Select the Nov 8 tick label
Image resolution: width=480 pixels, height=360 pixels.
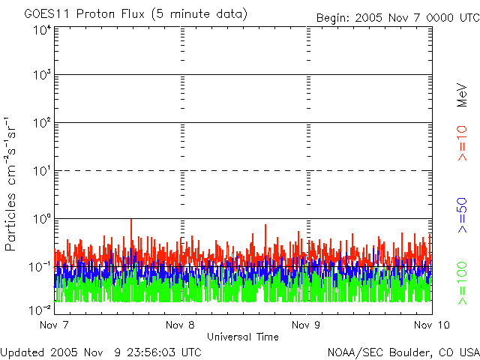180,325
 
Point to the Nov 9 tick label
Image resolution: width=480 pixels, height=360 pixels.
307,325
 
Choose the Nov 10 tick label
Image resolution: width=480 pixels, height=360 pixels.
429,325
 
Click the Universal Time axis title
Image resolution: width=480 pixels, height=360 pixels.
243,337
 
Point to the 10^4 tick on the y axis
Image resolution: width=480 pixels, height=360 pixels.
42,30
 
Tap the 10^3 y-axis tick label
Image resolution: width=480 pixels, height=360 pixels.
42,75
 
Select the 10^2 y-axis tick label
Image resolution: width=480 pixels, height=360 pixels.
42,122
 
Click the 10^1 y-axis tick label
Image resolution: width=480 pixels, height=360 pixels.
42,170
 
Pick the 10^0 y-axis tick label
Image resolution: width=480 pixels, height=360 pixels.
42,218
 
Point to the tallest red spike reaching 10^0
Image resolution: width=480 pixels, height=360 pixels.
131,223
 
